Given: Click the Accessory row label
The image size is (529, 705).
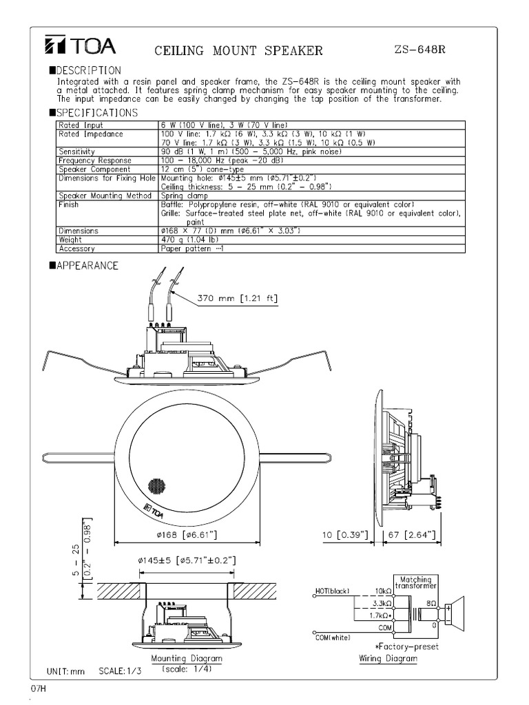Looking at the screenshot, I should [77, 249].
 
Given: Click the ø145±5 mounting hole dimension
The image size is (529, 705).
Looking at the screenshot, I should [186, 561].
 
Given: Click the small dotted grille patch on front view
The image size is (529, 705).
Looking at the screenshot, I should [156, 485].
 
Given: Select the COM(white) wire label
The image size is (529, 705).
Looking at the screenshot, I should [333, 638].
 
